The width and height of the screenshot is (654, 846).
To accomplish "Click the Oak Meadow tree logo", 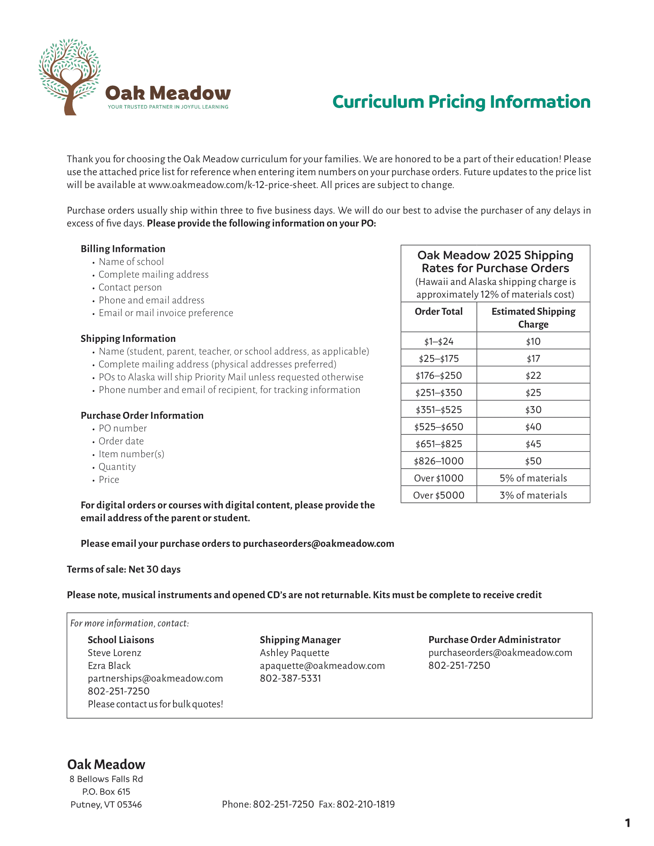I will tap(70, 77).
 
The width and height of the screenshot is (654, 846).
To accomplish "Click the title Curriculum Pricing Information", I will tap(461, 102).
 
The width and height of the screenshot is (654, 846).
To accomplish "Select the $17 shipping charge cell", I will tap(533, 358).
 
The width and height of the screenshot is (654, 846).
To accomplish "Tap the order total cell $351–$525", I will tap(439, 410).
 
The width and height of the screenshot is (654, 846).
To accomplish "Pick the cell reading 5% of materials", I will tap(533, 478).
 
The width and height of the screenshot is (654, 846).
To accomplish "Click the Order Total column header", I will tap(439, 311).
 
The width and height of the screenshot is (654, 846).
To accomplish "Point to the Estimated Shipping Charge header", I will tap(533, 318).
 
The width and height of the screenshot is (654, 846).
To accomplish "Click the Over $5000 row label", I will tap(439, 495).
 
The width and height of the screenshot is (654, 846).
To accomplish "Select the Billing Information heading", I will tap(123, 249).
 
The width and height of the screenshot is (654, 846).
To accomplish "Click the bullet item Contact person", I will tap(130, 287).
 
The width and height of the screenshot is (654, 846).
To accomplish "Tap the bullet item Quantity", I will tap(117, 467).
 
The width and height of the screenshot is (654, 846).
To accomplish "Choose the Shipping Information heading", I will tap(128, 338).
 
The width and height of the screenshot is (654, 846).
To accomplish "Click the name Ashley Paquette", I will tap(294, 653).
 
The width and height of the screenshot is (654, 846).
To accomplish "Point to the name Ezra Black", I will tap(109, 666).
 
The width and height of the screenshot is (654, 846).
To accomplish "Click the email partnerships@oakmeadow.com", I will tap(155, 678).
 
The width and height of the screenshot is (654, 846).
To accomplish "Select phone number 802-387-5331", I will tap(290, 678).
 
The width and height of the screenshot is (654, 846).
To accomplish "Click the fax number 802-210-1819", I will tap(365, 804).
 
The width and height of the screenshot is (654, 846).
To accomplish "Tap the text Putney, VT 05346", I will tap(106, 804).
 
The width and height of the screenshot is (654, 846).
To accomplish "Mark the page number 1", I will tap(628, 823).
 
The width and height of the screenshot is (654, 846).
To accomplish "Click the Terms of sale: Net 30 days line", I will tap(123, 569).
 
